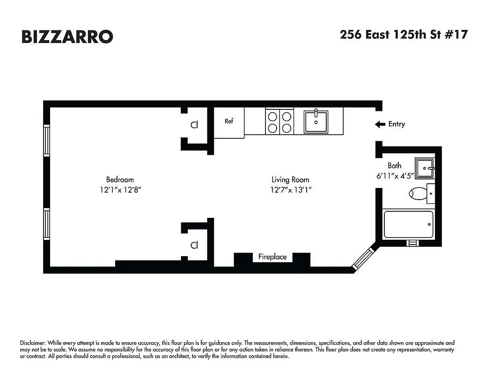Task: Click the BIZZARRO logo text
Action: (x=67, y=36)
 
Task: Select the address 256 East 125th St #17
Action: (x=403, y=35)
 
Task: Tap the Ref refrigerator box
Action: (x=229, y=122)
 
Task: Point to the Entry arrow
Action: (x=380, y=124)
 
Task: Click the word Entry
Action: (x=397, y=124)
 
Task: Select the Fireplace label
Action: (x=272, y=257)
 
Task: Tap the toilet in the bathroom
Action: (x=419, y=192)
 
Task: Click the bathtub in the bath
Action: (x=408, y=224)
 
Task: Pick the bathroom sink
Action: (x=425, y=168)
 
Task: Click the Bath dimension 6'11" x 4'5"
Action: (x=395, y=176)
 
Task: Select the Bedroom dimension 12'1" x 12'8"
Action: (x=120, y=190)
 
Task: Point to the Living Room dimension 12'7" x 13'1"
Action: (x=290, y=190)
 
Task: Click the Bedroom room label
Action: (x=120, y=180)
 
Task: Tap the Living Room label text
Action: (x=290, y=180)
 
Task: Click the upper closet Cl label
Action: (x=194, y=125)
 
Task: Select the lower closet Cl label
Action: (x=194, y=245)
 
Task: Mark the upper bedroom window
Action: (x=46, y=140)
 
